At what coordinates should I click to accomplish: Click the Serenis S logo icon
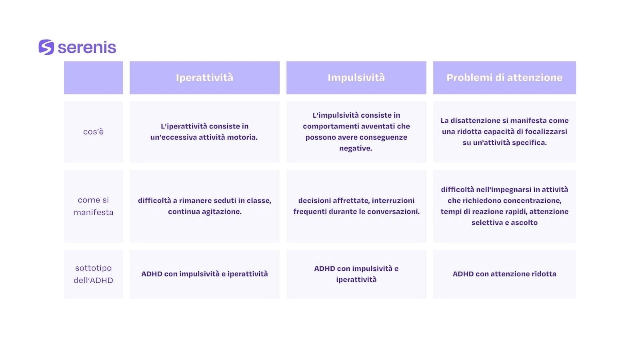pos(46,47)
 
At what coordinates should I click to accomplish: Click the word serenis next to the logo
pos(87,48)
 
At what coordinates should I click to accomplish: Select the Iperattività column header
pos(204,78)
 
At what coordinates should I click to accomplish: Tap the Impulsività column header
pos(356,78)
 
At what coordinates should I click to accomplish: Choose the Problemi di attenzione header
pos(504,78)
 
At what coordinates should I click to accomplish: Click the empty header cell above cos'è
pos(94,78)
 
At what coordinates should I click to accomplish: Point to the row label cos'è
pos(94,132)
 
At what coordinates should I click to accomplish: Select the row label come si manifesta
pos(94,206)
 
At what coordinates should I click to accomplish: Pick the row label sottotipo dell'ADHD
pos(94,274)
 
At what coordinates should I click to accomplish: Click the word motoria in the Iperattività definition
pos(242,138)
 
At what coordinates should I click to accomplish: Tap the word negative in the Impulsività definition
pos(356,148)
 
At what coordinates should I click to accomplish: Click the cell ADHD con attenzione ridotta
pos(504,274)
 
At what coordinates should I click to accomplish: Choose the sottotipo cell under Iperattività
pos(204,274)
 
